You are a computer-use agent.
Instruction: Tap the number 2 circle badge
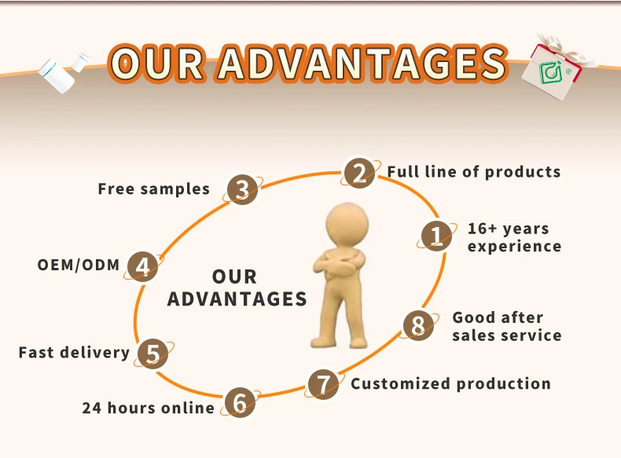pyautogui.click(x=358, y=173)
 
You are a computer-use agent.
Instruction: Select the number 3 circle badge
pyautogui.click(x=243, y=189)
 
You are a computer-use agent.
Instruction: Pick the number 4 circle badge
pyautogui.click(x=143, y=267)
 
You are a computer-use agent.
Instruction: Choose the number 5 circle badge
pyautogui.click(x=153, y=354)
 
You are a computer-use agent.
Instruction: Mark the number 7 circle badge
pyautogui.click(x=322, y=384)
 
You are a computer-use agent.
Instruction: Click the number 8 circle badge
pyautogui.click(x=418, y=324)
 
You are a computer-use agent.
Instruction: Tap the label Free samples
pyautogui.click(x=154, y=189)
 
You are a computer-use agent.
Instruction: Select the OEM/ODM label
pyautogui.click(x=79, y=265)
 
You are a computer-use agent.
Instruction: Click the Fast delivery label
pyautogui.click(x=74, y=352)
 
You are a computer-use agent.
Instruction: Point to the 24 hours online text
pyautogui.click(x=148, y=408)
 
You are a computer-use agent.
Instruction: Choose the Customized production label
pyautogui.click(x=450, y=384)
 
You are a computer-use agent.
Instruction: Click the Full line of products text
pyautogui.click(x=473, y=172)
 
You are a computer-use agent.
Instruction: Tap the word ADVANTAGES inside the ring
pyautogui.click(x=237, y=299)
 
